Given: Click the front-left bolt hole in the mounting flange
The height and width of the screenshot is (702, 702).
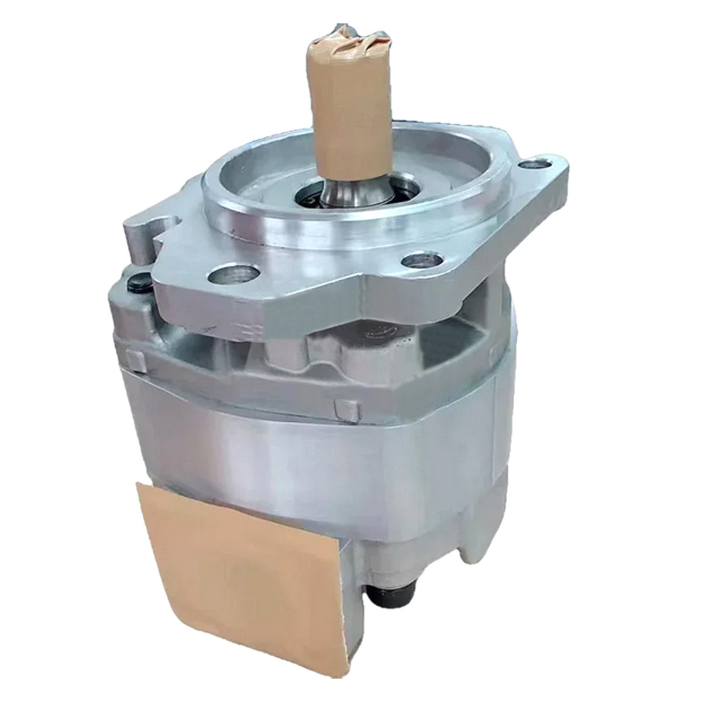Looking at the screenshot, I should click(236, 274).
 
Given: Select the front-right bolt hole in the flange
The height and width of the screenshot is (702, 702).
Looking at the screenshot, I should click(421, 260).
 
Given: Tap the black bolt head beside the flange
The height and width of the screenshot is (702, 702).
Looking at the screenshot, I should click(138, 285).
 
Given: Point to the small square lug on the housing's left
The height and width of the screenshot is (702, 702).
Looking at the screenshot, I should click(136, 362).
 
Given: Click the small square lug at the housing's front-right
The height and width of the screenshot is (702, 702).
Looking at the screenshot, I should click(346, 409).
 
